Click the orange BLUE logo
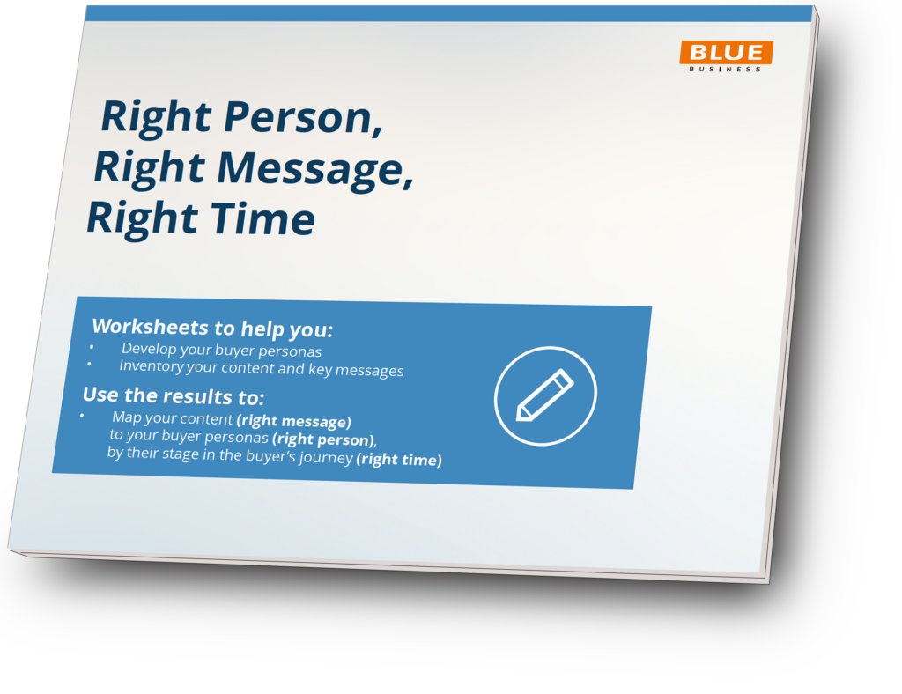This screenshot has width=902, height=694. [726, 52]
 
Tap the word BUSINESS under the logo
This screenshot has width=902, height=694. [725, 69]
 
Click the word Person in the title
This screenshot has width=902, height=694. [303, 117]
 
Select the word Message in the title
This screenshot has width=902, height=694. [315, 169]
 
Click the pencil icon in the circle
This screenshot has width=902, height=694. [544, 395]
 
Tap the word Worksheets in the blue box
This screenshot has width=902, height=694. [151, 327]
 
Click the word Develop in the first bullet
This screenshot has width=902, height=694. [149, 349]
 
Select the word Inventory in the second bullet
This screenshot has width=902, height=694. [152, 365]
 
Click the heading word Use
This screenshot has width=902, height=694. [100, 395]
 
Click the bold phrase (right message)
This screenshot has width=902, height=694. [293, 421]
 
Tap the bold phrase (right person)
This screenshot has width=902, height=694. [324, 439]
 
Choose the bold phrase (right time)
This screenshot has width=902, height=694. [399, 460]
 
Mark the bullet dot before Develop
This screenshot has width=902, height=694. [92, 346]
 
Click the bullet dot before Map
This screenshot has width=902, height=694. [82, 415]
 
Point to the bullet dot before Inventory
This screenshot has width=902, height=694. [89, 364]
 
